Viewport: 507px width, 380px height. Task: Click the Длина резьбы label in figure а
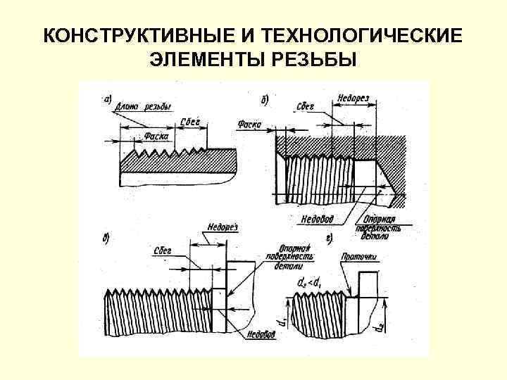click(144, 107)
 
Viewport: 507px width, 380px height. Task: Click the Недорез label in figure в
click(223, 227)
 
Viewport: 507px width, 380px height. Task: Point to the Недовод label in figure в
click(261, 334)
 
